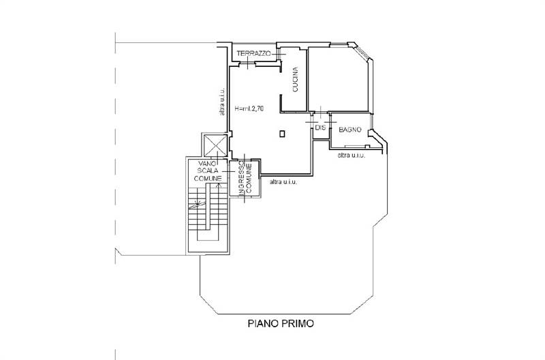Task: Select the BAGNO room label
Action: click(349, 128)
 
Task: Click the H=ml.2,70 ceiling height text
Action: click(249, 108)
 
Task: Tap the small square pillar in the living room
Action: click(282, 134)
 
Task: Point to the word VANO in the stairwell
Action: click(207, 164)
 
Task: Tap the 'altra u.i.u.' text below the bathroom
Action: click(352, 155)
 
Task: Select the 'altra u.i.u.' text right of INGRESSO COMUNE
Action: click(283, 181)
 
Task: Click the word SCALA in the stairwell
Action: click(207, 171)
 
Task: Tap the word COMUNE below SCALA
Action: click(207, 178)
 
